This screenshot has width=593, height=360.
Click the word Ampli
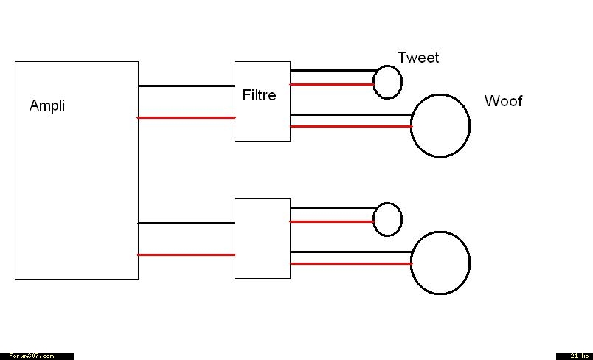click(x=47, y=105)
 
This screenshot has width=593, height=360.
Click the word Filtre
click(x=259, y=95)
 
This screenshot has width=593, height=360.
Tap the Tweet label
click(x=417, y=58)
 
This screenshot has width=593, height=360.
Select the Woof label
click(x=503, y=101)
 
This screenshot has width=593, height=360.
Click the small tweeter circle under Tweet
click(x=387, y=82)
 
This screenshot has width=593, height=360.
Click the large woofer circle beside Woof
click(x=440, y=125)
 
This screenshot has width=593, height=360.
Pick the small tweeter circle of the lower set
click(x=387, y=219)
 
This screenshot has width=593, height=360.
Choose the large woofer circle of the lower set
click(x=440, y=263)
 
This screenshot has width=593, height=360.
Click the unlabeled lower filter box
click(x=262, y=238)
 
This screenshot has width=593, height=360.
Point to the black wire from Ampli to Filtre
click(x=186, y=86)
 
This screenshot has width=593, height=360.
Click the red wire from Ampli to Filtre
click(x=186, y=117)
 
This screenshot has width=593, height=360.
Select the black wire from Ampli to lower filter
click(x=186, y=223)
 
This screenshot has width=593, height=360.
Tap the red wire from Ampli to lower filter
click(x=186, y=255)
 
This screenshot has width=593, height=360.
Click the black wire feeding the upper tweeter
click(x=332, y=71)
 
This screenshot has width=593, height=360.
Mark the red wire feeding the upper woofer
click(x=350, y=126)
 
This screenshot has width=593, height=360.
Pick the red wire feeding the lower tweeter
click(x=332, y=221)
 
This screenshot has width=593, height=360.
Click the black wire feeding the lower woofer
click(x=350, y=252)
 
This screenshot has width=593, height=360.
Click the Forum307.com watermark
click(x=36, y=356)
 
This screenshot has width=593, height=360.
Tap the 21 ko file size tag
click(x=575, y=356)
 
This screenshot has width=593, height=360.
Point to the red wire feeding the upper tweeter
click(x=332, y=84)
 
